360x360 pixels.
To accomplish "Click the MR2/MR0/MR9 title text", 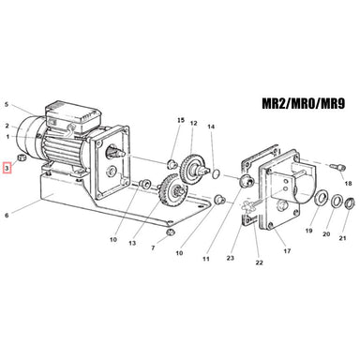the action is pos(303,103).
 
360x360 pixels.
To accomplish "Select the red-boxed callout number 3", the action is pos(7,169).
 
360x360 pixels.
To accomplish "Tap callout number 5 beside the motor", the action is pos(7,104).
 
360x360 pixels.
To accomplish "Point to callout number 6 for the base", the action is pos(7,216).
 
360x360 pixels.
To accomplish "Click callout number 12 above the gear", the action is pos(193,123).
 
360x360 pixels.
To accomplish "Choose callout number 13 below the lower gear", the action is pos(132,243).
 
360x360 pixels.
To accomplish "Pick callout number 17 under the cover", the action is pos(287,250).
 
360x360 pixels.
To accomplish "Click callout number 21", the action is pos(343,238).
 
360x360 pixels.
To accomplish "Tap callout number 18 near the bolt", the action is pos(348,183).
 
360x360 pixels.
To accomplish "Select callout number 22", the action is pos(259,262).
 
